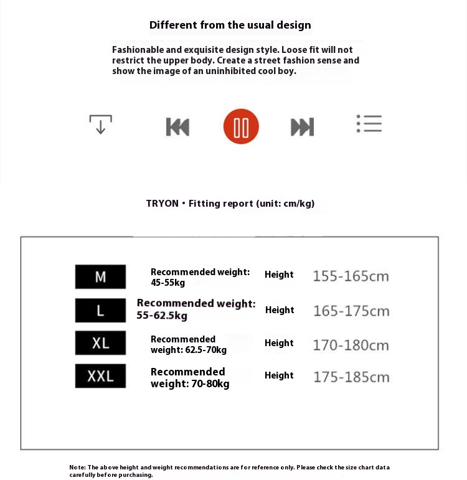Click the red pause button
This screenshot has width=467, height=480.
point(241,126)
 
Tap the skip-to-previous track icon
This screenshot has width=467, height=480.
point(177,126)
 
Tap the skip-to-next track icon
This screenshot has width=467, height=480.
point(302,126)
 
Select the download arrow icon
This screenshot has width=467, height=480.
point(100,125)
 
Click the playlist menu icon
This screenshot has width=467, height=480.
point(369,123)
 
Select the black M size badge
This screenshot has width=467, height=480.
point(100,276)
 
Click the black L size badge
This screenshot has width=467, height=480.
point(100,310)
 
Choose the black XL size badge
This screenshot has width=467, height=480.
point(100,343)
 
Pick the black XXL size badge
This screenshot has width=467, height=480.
point(100,376)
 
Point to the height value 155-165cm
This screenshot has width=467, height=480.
point(351,276)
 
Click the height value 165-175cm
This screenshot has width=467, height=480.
point(351,311)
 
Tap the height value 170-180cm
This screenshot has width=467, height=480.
point(351,345)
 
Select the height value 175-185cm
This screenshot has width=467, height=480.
point(351,377)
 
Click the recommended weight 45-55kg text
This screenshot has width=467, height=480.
point(168,283)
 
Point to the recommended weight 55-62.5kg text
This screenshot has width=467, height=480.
point(162,316)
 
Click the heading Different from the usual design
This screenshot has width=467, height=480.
point(230,26)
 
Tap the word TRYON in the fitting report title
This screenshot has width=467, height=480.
point(162,204)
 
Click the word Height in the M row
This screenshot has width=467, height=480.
point(279,275)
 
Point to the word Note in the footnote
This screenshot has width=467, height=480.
point(77,467)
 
